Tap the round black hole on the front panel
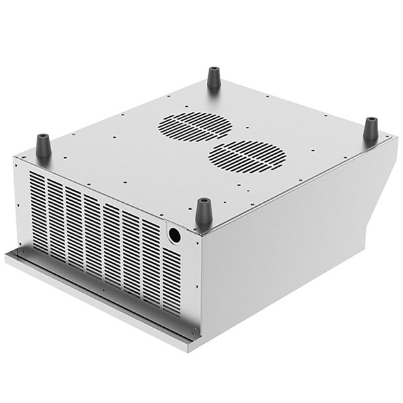[x=174, y=235]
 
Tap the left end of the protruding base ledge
[x=9, y=256]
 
